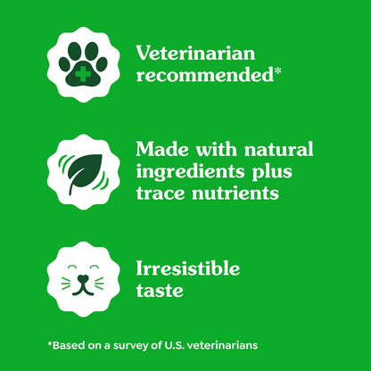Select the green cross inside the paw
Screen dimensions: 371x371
tap(82, 71)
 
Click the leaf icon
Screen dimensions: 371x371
tap(82, 172)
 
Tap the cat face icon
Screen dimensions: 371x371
tap(82, 279)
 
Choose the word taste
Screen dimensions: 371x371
tap(160, 291)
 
